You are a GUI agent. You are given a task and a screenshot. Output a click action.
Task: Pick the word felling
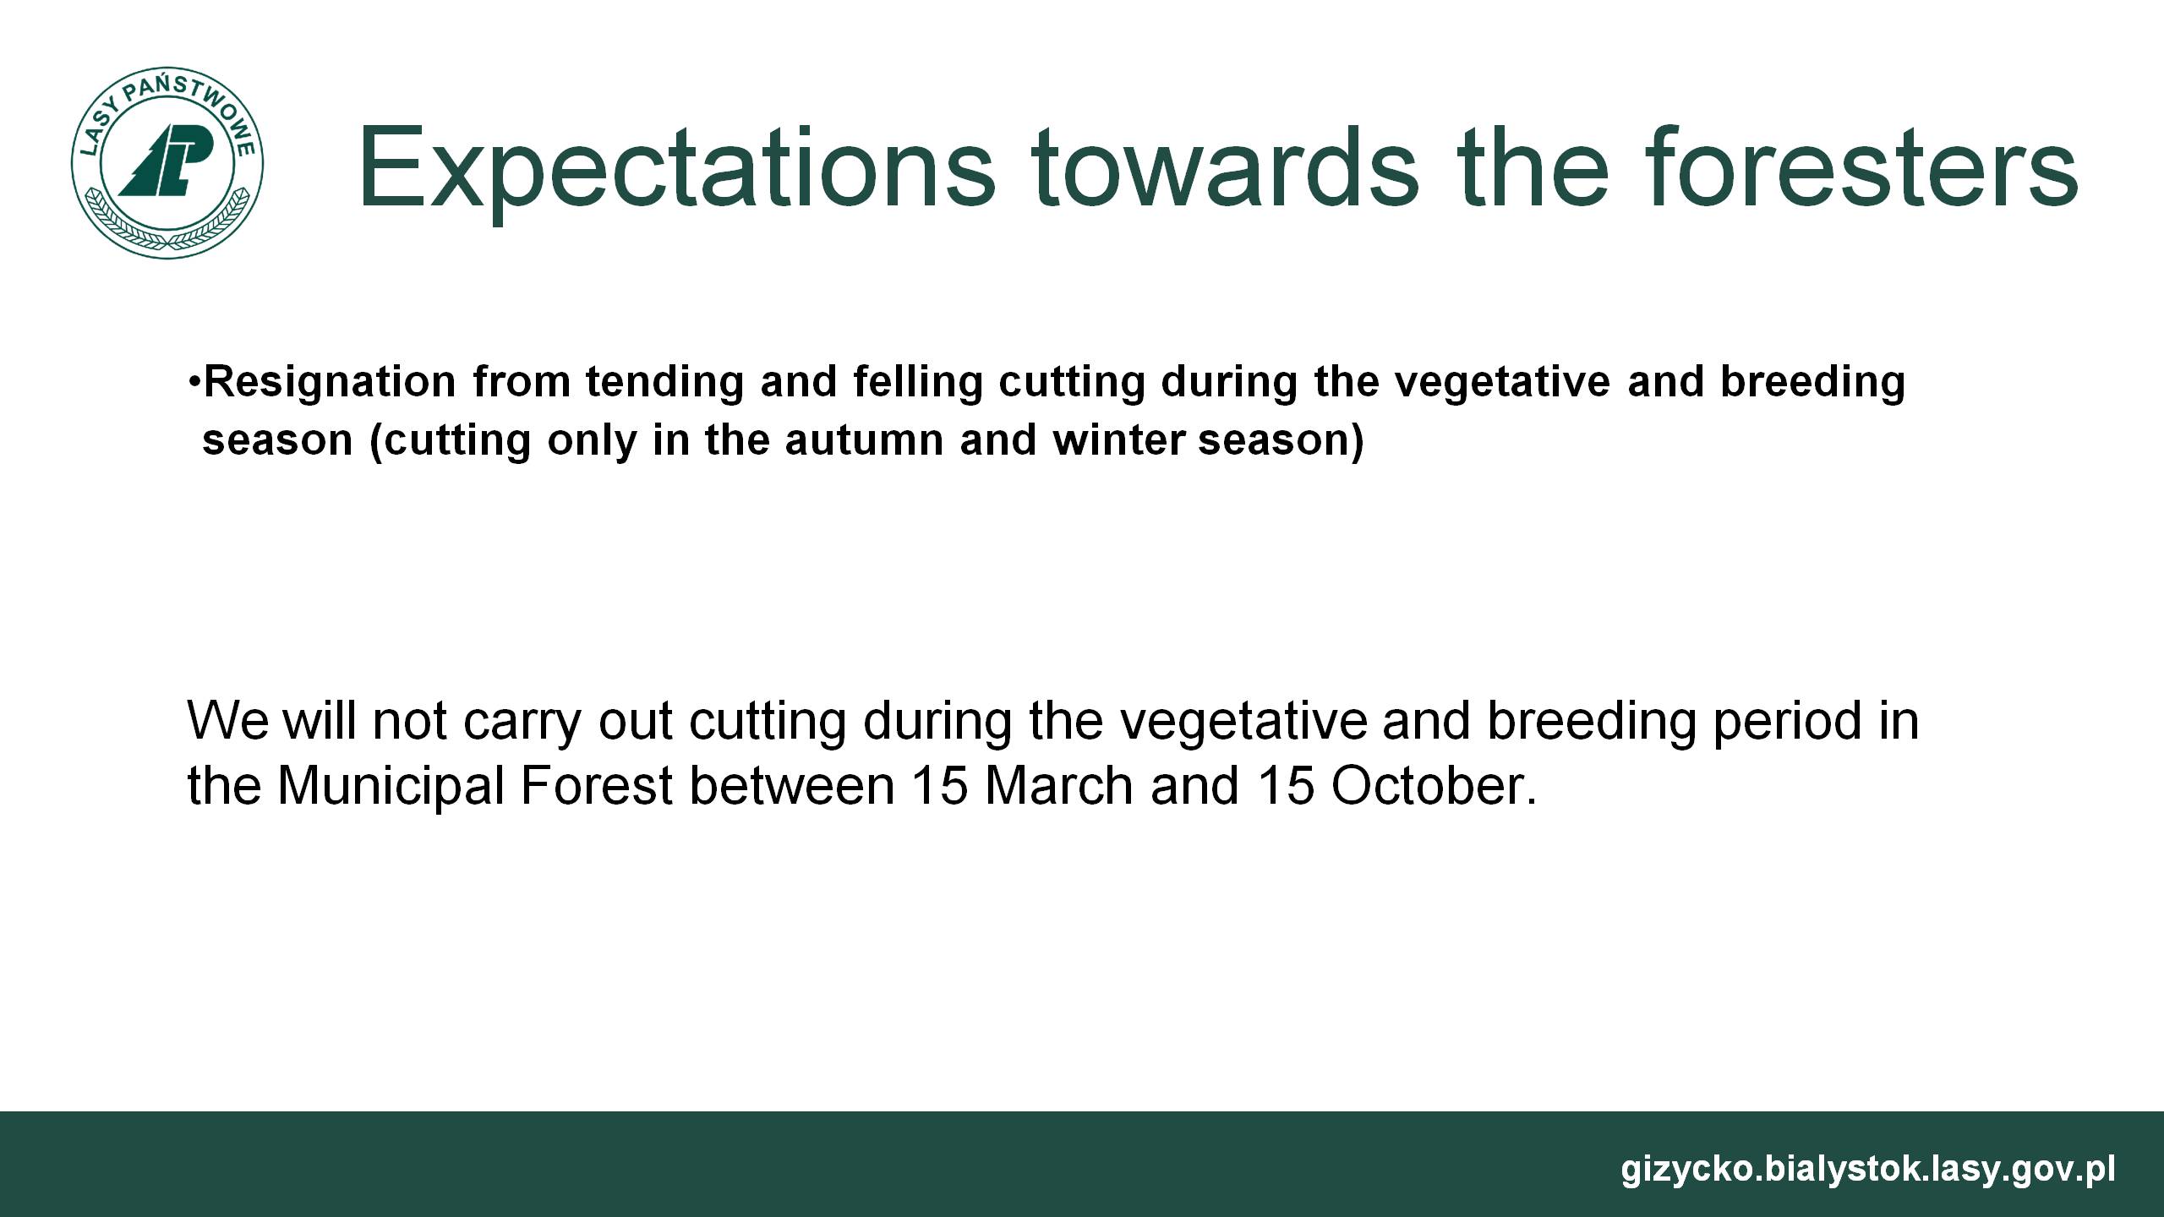[918, 382]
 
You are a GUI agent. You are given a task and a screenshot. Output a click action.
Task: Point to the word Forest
[597, 785]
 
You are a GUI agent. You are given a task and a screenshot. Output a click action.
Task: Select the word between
[792, 785]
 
